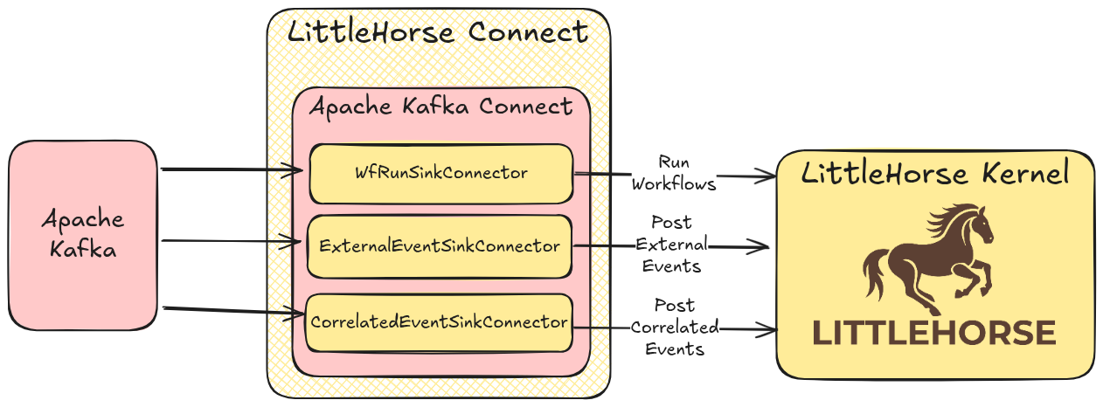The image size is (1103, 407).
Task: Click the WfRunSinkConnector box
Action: click(x=441, y=173)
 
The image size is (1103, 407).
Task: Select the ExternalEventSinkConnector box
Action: click(x=440, y=246)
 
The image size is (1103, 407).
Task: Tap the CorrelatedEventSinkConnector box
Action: click(x=439, y=322)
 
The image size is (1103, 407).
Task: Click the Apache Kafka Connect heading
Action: click(x=441, y=107)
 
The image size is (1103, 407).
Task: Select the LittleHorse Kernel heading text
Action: click(x=935, y=174)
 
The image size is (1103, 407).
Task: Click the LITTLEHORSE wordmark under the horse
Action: click(x=934, y=333)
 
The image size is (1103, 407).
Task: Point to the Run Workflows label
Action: click(x=674, y=173)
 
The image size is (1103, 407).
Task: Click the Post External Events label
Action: click(x=672, y=244)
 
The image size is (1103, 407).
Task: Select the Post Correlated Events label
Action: click(x=674, y=328)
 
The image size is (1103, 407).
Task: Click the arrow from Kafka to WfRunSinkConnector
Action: click(x=232, y=170)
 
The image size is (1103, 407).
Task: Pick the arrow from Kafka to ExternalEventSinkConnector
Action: click(x=232, y=241)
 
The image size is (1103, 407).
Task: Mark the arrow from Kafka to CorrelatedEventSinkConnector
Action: click(x=232, y=310)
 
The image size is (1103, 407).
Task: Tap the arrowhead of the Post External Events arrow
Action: click(x=764, y=247)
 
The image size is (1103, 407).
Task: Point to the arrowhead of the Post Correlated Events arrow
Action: click(x=771, y=330)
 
